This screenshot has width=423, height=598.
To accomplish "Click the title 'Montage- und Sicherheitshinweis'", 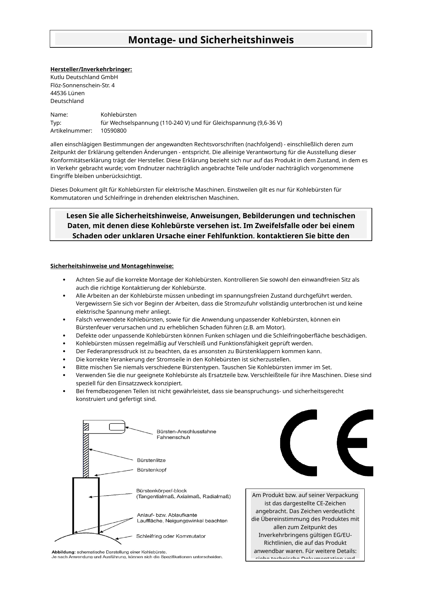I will click(x=211, y=40).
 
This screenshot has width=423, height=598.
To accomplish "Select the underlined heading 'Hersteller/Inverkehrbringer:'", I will click(x=91, y=70).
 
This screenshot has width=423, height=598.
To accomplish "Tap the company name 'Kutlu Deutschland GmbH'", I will click(x=84, y=77).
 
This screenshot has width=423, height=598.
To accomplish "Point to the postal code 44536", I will click(x=58, y=93).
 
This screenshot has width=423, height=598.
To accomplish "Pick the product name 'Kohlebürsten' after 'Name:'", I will click(x=119, y=115).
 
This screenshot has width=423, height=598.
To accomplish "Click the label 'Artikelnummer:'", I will click(x=71, y=131).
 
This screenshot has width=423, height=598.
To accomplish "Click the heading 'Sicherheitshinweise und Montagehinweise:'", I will click(x=112, y=266).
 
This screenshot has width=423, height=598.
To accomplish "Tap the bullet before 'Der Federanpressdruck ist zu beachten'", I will click(x=64, y=352).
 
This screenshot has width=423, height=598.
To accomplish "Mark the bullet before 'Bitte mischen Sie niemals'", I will click(x=64, y=368).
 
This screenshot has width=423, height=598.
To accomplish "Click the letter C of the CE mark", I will click(x=298, y=443).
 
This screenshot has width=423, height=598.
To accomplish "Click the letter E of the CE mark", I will click(x=355, y=443).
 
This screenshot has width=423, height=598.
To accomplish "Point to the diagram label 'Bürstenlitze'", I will click(x=151, y=460).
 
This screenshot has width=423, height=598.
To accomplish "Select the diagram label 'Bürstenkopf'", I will click(x=151, y=470).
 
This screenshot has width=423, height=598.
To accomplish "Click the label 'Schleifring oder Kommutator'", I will click(x=171, y=536).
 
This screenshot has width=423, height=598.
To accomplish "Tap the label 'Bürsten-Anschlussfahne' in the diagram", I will click(x=186, y=432).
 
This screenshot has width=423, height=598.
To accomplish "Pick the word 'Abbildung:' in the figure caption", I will click(x=63, y=552).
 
